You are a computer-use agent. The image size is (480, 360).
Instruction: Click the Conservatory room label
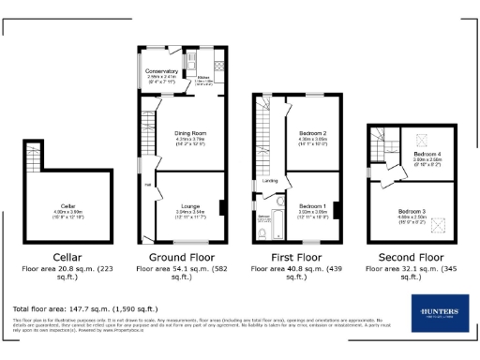pyautogui.click(x=161, y=71)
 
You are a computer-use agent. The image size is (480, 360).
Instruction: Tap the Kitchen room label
pyautogui.click(x=203, y=78)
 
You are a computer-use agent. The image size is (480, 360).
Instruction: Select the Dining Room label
pyautogui.click(x=190, y=133)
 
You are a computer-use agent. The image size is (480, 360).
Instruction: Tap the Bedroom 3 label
pyautogui.click(x=411, y=212)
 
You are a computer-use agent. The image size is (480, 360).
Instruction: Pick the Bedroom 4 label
pyautogui.click(x=427, y=154)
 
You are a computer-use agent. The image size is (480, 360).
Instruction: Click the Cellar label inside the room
pyautogui.click(x=67, y=205)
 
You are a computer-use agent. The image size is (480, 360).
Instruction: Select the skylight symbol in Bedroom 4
pyautogui.click(x=418, y=141)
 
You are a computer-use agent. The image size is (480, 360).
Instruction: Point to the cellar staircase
pyautogui.click(x=33, y=159)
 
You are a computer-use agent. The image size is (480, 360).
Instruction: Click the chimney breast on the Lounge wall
pyautogui.click(x=222, y=206)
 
